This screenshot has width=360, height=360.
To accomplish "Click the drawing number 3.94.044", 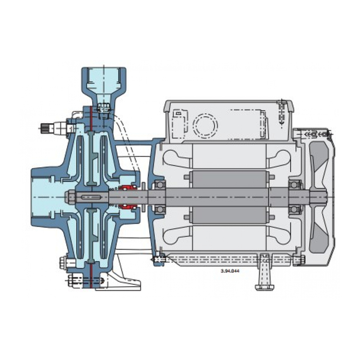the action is (230, 271).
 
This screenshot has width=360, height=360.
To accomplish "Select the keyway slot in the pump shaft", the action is (92, 197).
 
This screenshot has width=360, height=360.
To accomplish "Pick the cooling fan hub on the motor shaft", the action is (318, 197).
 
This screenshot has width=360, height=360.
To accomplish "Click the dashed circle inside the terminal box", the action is (205, 126).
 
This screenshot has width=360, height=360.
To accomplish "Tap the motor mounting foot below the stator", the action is (265, 272).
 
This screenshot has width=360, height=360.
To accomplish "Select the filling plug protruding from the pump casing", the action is (53, 128).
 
